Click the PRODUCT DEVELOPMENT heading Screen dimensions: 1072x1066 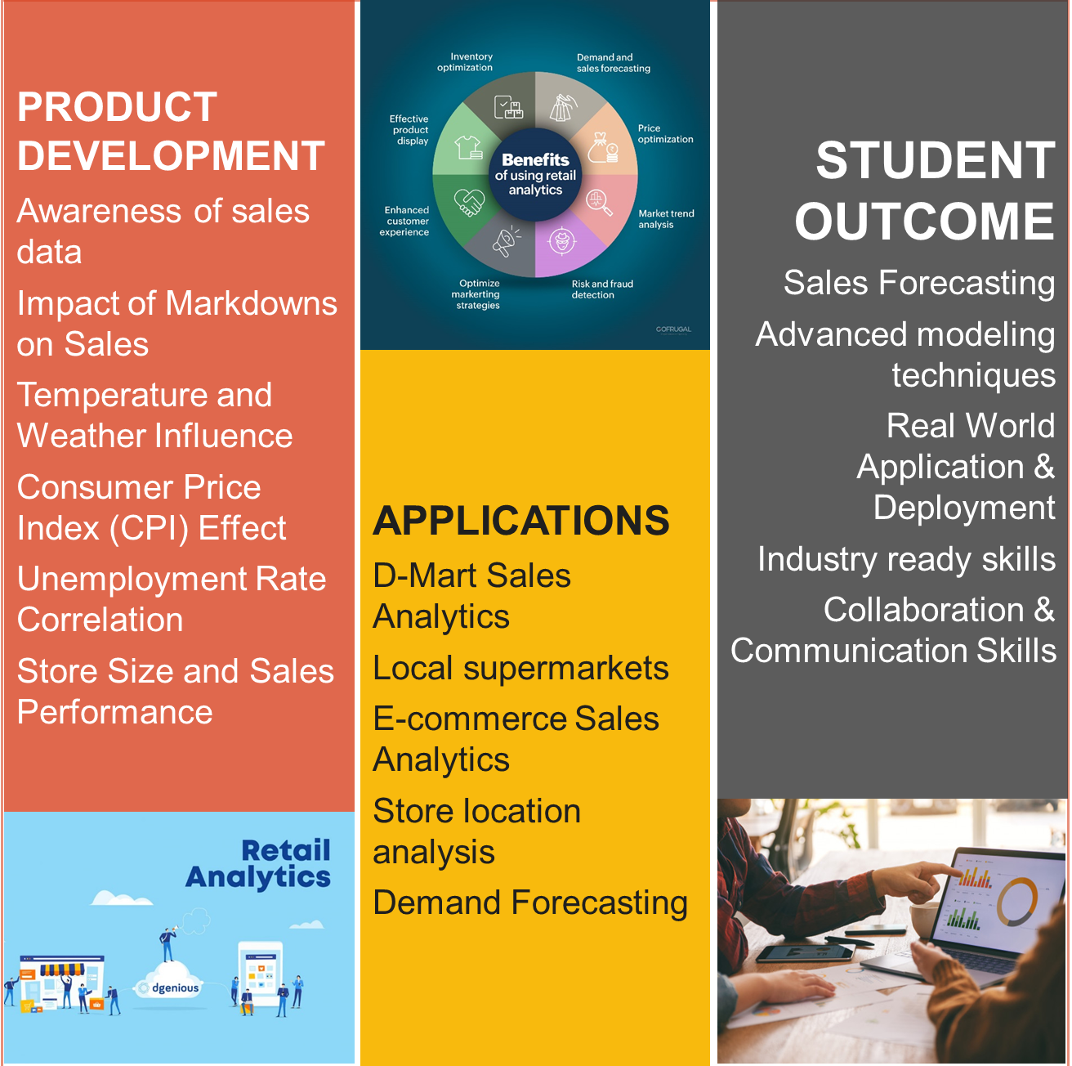pos(171,131)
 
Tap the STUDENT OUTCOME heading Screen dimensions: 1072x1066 pos(925,190)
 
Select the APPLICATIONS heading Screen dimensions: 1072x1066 pos(520,521)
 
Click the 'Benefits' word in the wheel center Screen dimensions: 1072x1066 pos(535,159)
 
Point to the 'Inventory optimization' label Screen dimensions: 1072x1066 pos(465,62)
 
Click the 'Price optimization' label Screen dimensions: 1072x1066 pos(665,133)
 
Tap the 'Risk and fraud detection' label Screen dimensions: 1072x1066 pos(602,289)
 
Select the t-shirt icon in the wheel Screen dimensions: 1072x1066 pos(468,147)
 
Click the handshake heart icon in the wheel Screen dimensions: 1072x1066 pos(469,203)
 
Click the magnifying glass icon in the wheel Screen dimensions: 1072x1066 pos(599,202)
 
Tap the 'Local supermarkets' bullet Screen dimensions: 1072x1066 pos(520,669)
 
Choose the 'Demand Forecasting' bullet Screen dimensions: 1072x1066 pos(530,903)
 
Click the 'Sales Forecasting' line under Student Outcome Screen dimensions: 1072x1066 pos(919,284)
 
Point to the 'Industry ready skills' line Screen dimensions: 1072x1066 pos(906,559)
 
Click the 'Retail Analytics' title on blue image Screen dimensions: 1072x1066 pos(258,863)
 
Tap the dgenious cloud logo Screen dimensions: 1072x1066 pos(169,987)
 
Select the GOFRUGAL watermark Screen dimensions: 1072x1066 pos(673,329)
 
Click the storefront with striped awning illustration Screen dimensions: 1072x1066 pos(61,982)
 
